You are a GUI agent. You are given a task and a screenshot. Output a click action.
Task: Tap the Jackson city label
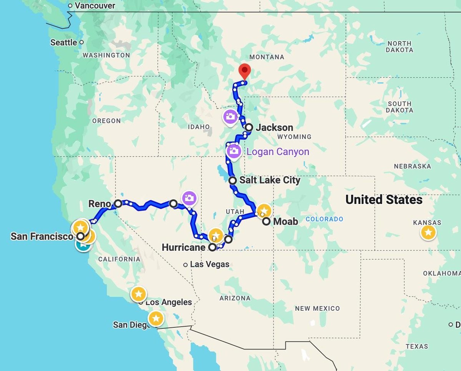274,128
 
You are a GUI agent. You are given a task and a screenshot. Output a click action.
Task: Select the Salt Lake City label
270,180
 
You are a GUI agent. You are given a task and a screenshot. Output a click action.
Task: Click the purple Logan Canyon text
278,152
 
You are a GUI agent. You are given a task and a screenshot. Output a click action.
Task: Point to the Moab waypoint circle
266,221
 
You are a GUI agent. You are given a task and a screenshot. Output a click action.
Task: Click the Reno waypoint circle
118,204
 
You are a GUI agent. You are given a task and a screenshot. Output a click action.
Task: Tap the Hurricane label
183,247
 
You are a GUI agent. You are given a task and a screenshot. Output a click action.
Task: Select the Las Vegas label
210,264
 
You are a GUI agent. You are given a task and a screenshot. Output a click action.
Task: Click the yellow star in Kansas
428,232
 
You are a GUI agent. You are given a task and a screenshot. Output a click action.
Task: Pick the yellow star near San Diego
156,318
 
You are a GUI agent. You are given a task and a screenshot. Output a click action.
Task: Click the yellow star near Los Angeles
139,294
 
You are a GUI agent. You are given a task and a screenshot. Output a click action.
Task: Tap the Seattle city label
64,42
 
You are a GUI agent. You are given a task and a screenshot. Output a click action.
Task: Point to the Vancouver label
95,6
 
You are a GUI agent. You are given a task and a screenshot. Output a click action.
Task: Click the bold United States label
384,200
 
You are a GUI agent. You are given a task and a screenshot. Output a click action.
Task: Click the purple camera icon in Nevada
189,198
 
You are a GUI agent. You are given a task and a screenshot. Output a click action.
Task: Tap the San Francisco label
42,236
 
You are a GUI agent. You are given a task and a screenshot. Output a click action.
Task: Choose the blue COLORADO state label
325,219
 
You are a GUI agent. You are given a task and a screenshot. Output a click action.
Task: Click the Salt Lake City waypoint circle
232,180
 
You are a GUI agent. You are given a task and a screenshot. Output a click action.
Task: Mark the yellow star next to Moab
264,210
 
